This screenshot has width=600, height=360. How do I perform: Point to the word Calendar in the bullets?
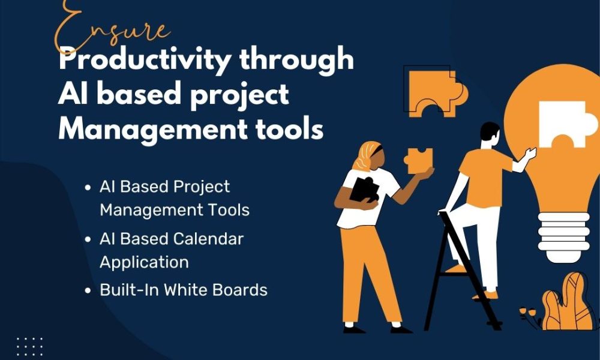(x=209, y=239)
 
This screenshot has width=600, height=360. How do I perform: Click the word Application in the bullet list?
(x=144, y=263)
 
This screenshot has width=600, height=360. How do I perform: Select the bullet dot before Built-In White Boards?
(x=88, y=290)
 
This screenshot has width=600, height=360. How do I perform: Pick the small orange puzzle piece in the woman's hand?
(x=418, y=161)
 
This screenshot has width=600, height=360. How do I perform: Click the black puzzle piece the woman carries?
(x=364, y=190)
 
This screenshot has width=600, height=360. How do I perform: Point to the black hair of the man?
(x=489, y=130)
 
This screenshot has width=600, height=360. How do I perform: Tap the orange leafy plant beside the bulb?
(x=566, y=302)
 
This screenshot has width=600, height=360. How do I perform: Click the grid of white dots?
(x=29, y=347)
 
